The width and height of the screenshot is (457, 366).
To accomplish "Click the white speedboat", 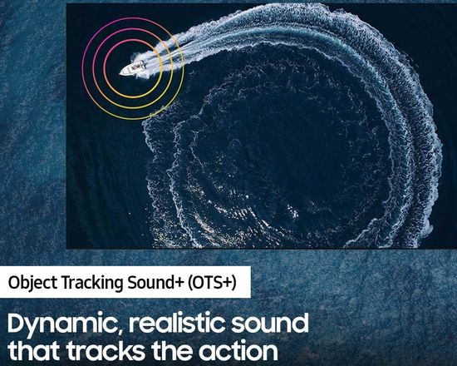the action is (133, 68).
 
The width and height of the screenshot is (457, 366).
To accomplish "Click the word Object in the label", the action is (32, 283).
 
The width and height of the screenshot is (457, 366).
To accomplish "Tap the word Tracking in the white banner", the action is (92, 283).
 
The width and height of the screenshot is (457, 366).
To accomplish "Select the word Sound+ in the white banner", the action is (156, 282).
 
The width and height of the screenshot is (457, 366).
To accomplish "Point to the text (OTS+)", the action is (212, 283).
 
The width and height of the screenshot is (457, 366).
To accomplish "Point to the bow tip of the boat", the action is (120, 74).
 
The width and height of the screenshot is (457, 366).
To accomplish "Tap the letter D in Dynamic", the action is (17, 323).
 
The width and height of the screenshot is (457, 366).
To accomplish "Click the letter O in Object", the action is (13, 283).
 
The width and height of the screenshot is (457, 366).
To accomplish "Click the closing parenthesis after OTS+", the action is (233, 283).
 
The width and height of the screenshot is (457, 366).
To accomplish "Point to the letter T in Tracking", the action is (66, 283).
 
